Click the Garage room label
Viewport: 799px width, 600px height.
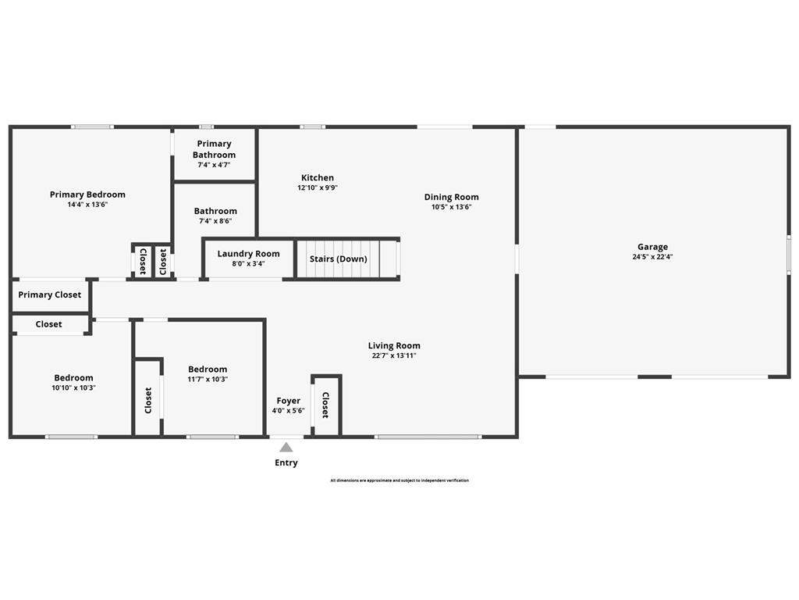coord(652,247)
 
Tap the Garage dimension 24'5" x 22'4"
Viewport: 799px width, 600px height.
coord(652,257)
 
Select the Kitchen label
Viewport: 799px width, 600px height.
coord(318,178)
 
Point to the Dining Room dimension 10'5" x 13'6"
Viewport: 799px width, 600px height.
coord(452,207)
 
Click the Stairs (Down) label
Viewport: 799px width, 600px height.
coord(338,259)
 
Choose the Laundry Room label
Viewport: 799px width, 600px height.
coord(248,254)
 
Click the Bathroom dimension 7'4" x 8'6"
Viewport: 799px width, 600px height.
coord(215,221)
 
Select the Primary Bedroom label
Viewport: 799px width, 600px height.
coord(87,195)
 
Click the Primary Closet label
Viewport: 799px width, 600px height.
coord(50,295)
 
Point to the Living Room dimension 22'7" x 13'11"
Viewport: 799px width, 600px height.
coord(394,355)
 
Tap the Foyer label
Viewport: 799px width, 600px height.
coord(288,401)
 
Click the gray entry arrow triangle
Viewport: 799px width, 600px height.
coord(286,448)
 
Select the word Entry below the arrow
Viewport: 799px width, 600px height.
coord(286,462)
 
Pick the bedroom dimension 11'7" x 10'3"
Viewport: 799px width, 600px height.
coord(208,380)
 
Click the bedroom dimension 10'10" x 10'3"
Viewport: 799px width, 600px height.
coord(73,387)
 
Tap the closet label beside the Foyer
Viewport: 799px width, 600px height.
coord(326,405)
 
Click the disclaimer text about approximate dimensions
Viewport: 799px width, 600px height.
coord(399,480)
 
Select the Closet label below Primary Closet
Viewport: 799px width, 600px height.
coord(48,324)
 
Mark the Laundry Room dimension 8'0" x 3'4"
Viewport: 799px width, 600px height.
coord(248,264)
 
